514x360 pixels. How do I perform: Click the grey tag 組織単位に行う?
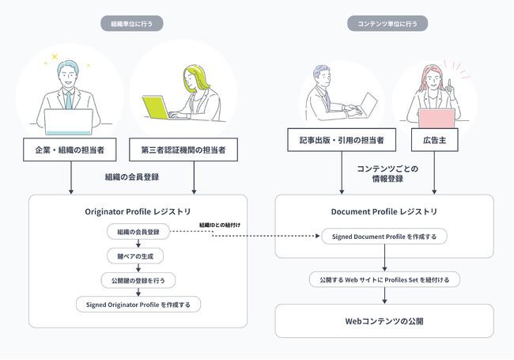click(x=131, y=23)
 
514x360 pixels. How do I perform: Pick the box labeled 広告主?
click(x=434, y=141)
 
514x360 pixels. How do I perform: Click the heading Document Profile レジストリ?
click(x=384, y=212)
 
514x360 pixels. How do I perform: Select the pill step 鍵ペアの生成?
click(x=138, y=256)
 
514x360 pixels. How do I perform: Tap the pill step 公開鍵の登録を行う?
click(x=138, y=279)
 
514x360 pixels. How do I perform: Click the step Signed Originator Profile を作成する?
click(x=138, y=304)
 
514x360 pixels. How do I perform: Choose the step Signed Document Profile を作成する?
click(x=384, y=235)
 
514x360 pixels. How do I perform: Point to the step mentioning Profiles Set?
click(x=384, y=279)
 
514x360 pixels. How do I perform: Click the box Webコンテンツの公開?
click(x=384, y=321)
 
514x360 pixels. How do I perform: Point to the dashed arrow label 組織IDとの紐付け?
click(x=220, y=225)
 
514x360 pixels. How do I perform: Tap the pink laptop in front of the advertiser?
click(x=436, y=118)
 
